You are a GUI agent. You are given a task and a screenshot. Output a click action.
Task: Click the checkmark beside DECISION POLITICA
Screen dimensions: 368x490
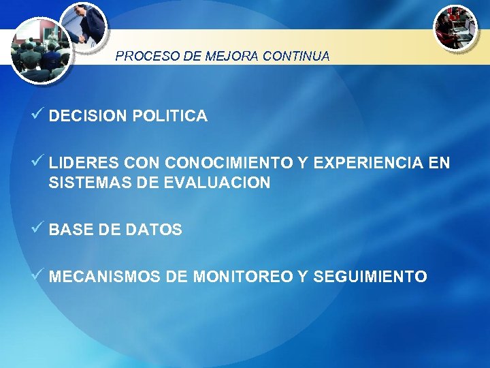tap(39, 114)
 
